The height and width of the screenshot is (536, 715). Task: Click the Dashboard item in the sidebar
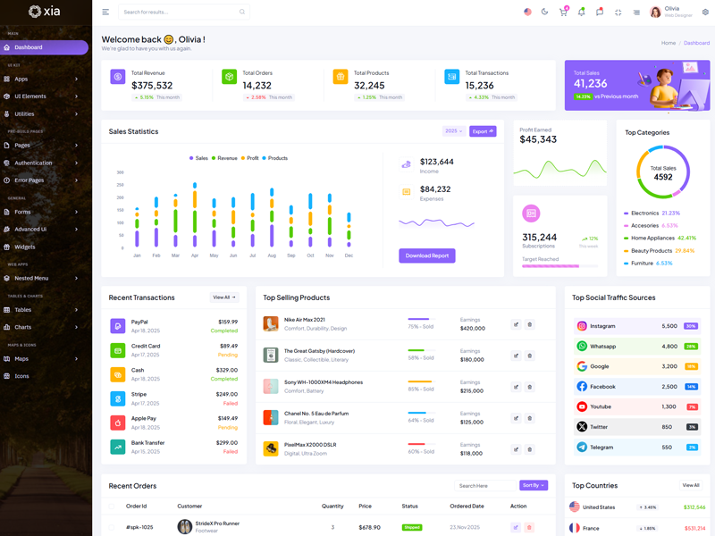pyautogui.click(x=29, y=47)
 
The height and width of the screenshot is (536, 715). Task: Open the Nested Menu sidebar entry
pyautogui.click(x=32, y=278)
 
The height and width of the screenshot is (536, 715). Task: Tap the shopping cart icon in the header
pyautogui.click(x=563, y=13)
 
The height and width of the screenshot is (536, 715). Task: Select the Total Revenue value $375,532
pyautogui.click(x=152, y=86)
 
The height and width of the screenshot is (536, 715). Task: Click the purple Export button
pyautogui.click(x=483, y=131)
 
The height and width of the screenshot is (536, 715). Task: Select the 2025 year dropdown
pyautogui.click(x=453, y=131)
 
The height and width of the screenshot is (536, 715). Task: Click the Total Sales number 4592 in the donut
pyautogui.click(x=662, y=177)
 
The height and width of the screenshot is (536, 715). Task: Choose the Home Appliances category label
pyautogui.click(x=652, y=239)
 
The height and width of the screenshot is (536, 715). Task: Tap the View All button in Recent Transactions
pyautogui.click(x=224, y=297)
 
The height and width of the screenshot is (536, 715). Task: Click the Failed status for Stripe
pyautogui.click(x=231, y=403)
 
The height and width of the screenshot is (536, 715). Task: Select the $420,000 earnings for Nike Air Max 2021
pyautogui.click(x=473, y=328)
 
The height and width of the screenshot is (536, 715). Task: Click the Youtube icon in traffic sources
pyautogui.click(x=582, y=406)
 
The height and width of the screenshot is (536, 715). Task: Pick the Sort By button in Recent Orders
pyautogui.click(x=533, y=485)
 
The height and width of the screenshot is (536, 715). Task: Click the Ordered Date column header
pyautogui.click(x=467, y=507)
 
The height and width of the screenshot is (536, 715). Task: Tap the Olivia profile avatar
pyautogui.click(x=656, y=13)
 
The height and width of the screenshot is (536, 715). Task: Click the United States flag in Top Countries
pyautogui.click(x=575, y=507)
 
